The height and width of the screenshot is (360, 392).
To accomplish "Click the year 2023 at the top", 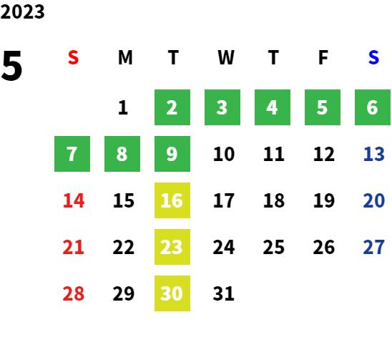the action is [22, 11].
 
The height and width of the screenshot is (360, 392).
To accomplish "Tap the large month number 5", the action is [11, 66].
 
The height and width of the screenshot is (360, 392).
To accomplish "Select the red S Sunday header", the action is [73, 57].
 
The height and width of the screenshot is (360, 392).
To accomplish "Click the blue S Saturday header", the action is [373, 57].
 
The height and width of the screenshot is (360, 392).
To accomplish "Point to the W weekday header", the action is [226, 57].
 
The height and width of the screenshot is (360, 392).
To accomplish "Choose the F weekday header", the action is [323, 57].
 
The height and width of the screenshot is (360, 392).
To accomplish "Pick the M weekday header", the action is [125, 57].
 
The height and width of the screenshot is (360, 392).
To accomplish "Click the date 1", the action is [123, 107].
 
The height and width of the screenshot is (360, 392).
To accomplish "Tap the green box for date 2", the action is [172, 107].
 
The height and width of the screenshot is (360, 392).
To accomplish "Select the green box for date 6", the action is [373, 107].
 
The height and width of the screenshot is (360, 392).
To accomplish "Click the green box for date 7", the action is [72, 154].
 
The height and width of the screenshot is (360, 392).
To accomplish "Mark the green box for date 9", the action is [172, 154].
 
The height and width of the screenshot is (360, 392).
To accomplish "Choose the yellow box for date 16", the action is [172, 200].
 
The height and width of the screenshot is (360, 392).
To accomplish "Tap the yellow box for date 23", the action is [172, 247].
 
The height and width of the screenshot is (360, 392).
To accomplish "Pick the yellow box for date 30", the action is [172, 293].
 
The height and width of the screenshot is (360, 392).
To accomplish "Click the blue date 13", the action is [373, 154].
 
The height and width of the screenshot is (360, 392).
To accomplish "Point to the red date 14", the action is [74, 200].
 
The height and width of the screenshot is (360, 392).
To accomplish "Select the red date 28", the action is [73, 293].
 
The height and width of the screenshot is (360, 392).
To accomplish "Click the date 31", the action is [223, 293].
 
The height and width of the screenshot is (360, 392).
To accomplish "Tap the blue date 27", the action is [373, 247].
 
